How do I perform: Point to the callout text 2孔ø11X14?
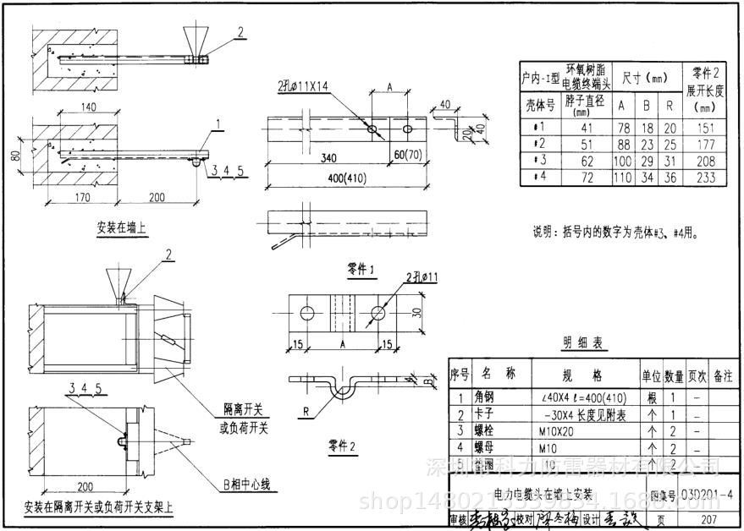tap(304, 86)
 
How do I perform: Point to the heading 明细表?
tap(584, 343)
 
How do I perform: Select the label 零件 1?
tap(361, 270)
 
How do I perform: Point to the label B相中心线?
tap(245, 484)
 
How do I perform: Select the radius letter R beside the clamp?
tap(303, 412)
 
